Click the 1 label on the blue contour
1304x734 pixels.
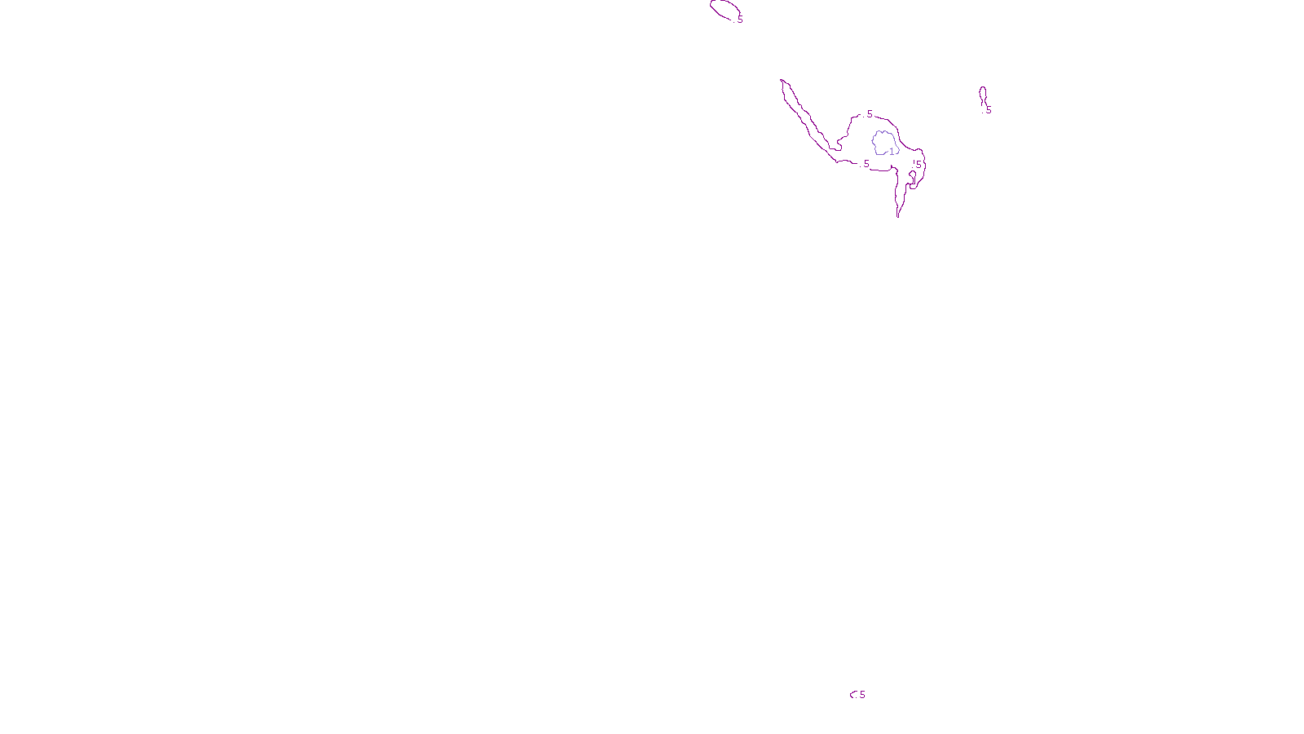pos(892,151)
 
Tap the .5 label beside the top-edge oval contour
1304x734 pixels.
pos(739,20)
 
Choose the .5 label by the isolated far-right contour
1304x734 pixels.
pos(988,110)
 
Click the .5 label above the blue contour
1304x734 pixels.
pos(869,114)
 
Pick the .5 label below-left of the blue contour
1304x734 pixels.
pos(866,164)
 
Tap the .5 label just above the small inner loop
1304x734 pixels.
pos(917,165)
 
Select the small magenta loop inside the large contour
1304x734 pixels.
pos(912,177)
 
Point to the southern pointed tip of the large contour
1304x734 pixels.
pos(898,217)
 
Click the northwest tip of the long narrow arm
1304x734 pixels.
pos(782,80)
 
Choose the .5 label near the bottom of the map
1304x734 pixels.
pos(861,695)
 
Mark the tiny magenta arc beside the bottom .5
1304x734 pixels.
pos(852,694)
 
